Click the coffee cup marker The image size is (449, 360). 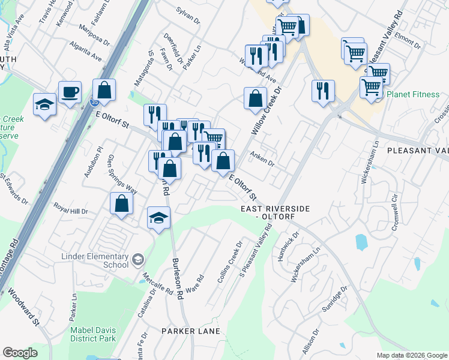tap(70, 92)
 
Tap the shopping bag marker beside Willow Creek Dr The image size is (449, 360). tap(256, 98)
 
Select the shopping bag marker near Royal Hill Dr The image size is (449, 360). tap(122, 203)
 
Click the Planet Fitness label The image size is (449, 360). tap(413, 95)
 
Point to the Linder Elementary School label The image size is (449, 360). tap(95, 260)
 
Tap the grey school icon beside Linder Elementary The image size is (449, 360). tap(138, 259)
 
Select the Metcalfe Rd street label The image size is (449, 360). tap(158, 285)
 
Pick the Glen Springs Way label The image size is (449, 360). tap(122, 174)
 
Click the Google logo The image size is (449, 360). tap(20, 353)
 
